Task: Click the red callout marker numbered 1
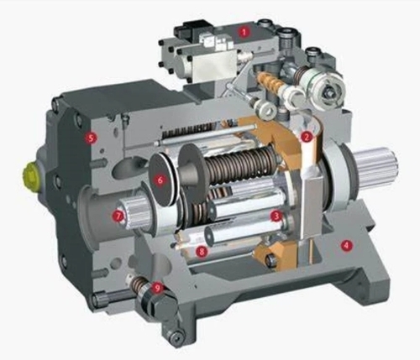pos(244,31)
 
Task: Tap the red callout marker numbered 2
pos(307,135)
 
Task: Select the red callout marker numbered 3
pos(276,216)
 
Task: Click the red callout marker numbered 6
pos(160,178)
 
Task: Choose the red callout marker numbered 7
pos(118,215)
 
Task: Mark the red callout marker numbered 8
pos(200,250)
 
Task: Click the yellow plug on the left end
pos(30,175)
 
